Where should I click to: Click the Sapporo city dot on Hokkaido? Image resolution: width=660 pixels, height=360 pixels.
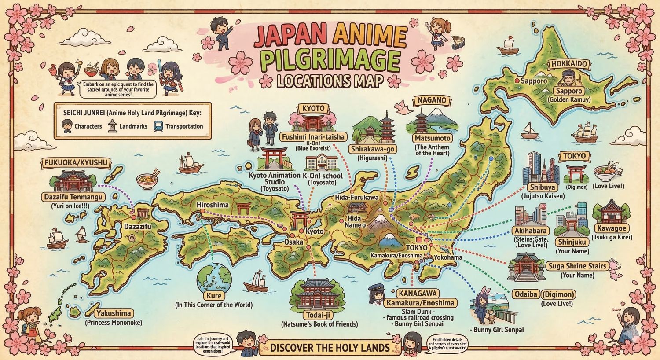(517, 81)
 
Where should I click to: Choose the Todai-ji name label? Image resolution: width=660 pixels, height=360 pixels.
(319, 315)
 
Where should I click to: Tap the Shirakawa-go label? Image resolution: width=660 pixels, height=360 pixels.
(372, 149)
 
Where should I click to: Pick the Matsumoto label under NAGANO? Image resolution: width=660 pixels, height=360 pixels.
(433, 138)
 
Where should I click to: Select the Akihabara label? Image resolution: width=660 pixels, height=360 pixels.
(530, 231)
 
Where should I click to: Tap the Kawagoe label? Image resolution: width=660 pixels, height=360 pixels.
(612, 228)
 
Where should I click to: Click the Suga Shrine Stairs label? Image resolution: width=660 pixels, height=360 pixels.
(577, 266)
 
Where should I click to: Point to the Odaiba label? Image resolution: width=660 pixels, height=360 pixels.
(525, 294)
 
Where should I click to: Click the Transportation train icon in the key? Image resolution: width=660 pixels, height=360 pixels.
(158, 126)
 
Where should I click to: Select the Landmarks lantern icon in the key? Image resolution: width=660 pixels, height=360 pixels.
(113, 126)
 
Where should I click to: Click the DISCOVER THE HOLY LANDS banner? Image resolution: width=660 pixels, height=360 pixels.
(330, 348)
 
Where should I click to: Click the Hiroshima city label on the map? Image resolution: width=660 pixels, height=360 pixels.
(213, 205)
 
